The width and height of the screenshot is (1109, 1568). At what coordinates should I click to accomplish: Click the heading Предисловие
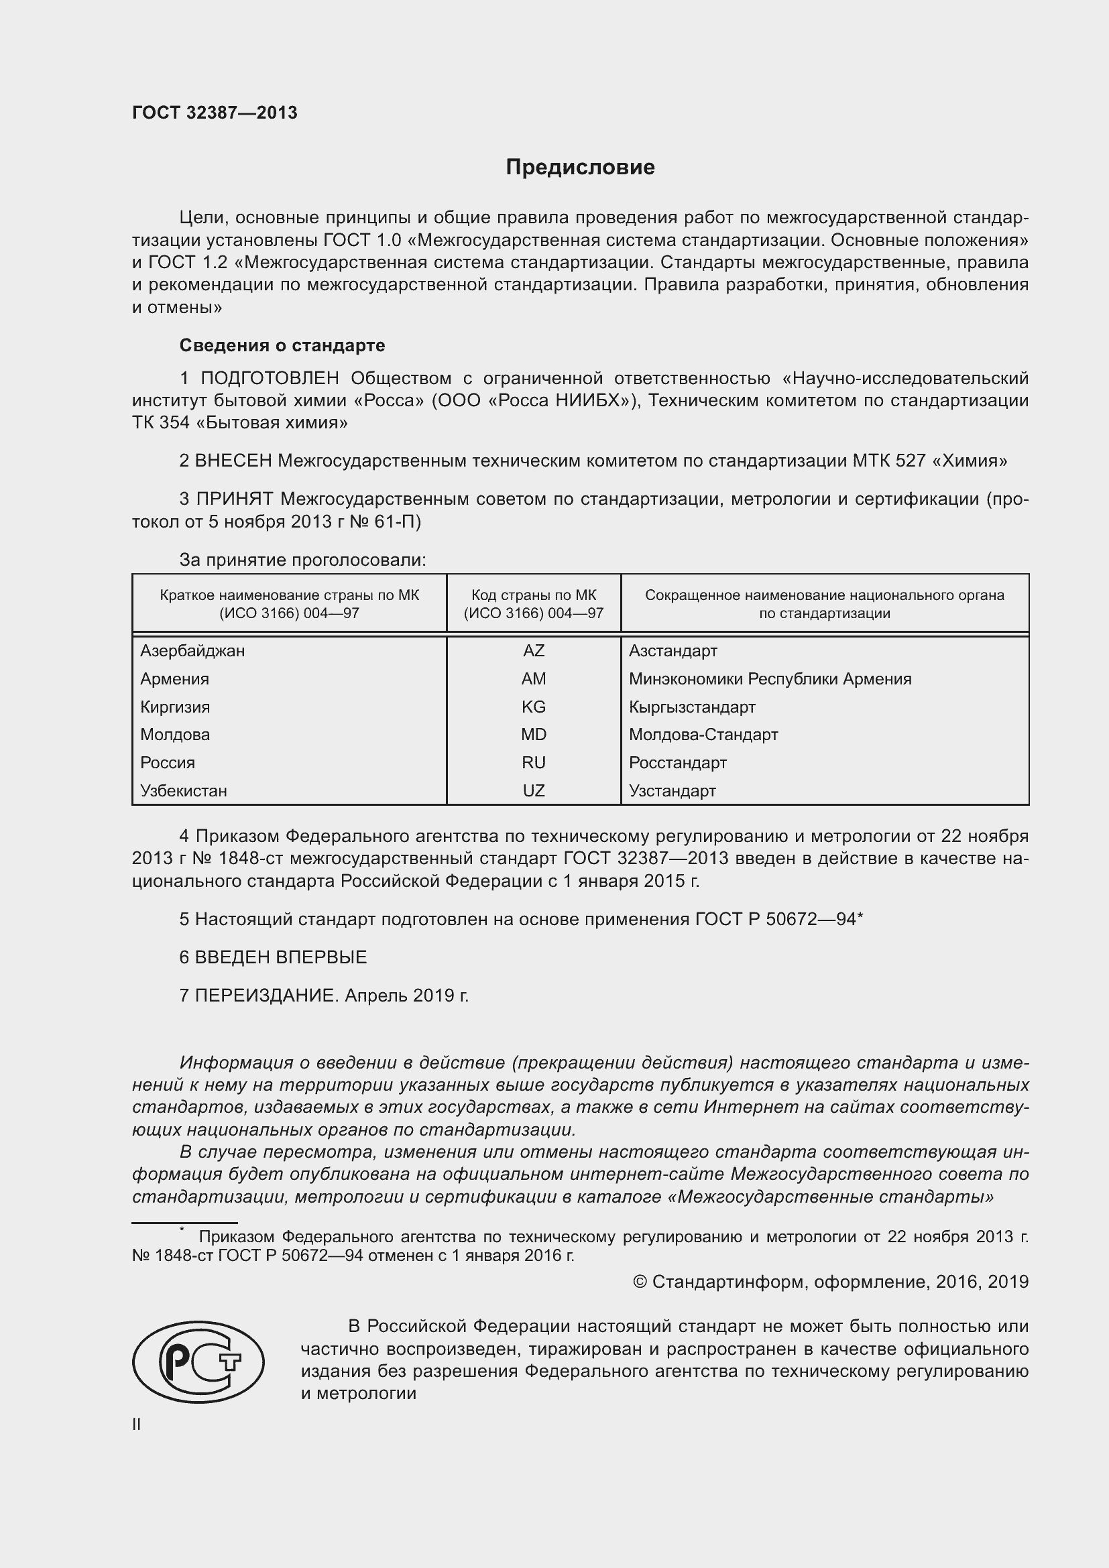(x=580, y=168)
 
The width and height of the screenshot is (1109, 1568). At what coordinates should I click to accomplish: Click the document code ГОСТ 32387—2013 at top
(x=215, y=113)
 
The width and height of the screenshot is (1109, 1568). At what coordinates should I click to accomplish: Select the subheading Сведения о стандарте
(x=282, y=345)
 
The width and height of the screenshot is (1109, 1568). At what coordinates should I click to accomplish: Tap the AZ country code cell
(x=533, y=651)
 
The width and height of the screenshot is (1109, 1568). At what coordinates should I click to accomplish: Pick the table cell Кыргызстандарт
(x=692, y=707)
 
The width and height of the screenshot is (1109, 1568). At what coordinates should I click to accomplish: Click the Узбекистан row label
(x=183, y=791)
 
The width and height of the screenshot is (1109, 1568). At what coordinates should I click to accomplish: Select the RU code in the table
(x=533, y=763)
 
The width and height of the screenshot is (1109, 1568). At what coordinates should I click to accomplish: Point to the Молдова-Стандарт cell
(x=703, y=735)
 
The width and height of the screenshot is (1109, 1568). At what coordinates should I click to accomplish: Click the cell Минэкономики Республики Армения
(x=770, y=679)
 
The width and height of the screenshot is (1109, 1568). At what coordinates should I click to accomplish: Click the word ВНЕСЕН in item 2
(x=233, y=461)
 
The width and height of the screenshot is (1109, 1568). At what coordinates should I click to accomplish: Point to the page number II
(x=137, y=1425)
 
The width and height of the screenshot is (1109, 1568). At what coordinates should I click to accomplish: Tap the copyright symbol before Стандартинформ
(x=640, y=1282)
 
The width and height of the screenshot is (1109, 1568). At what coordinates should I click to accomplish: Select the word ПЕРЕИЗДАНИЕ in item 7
(x=266, y=996)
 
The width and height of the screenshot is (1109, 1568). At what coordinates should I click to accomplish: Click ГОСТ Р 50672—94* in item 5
(x=779, y=919)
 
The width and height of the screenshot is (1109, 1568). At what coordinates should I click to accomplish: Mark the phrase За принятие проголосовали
(x=302, y=560)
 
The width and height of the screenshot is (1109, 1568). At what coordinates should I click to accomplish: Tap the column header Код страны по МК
(x=533, y=595)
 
